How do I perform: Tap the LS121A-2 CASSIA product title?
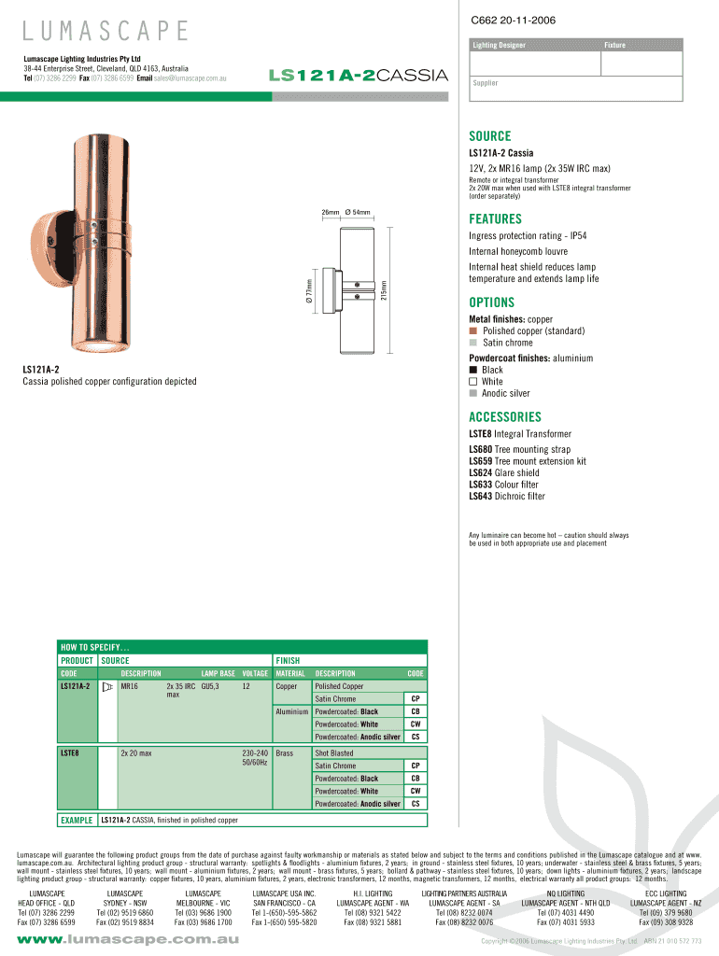358,75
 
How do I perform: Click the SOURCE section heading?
490,136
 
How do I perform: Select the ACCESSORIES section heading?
505,417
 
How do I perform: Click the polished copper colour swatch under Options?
473,331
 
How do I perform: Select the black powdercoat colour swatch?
473,371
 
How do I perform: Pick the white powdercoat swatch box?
473,382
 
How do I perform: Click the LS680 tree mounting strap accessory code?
479,450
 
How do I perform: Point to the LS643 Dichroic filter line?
506,497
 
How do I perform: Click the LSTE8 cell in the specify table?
70,752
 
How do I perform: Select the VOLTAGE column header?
254,673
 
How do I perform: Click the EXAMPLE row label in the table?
76,821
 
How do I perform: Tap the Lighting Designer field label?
499,46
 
